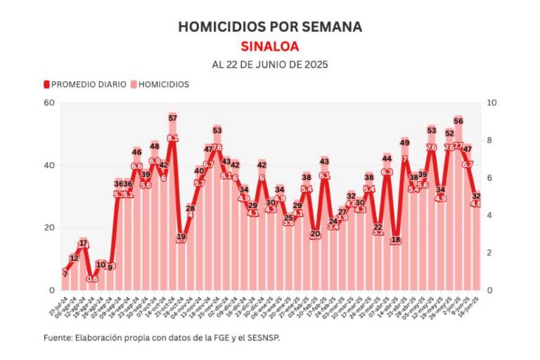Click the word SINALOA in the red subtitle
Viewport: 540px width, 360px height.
[270, 46]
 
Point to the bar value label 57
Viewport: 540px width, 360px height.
[172, 118]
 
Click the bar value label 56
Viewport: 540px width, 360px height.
[458, 121]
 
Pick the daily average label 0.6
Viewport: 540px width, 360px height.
[92, 279]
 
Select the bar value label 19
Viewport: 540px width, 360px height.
[181, 237]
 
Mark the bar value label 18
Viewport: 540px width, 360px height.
[396, 240]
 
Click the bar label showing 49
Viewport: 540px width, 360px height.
[404, 143]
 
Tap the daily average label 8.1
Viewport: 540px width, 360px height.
[172, 138]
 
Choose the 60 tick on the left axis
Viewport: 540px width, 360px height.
[49, 103]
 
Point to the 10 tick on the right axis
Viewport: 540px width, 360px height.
[492, 103]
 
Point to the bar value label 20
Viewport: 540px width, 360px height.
[315, 233]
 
